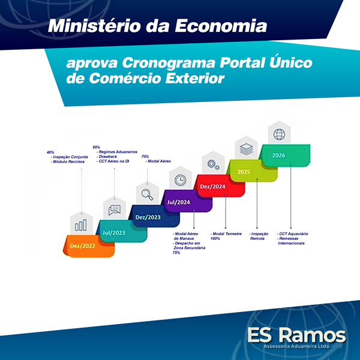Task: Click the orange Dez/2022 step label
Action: (x=82, y=246)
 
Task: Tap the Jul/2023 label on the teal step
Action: (x=114, y=233)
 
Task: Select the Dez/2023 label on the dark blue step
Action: (x=148, y=217)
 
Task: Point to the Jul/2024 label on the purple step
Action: (x=179, y=202)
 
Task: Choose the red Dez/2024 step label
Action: (x=212, y=187)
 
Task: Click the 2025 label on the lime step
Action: (x=244, y=172)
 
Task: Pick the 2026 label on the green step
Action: (x=279, y=155)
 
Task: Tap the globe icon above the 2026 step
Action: (x=279, y=134)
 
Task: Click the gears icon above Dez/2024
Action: (x=213, y=164)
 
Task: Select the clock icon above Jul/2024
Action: (x=181, y=180)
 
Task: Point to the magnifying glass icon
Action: (x=148, y=194)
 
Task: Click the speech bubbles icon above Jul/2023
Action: (x=115, y=210)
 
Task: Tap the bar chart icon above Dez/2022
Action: (x=81, y=225)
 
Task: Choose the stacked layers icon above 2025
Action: (x=247, y=149)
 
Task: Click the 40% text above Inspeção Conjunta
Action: (x=50, y=152)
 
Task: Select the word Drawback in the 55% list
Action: (x=107, y=157)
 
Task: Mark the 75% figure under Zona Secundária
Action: (x=176, y=253)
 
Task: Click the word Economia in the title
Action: (x=221, y=26)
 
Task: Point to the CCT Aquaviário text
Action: (x=293, y=234)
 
